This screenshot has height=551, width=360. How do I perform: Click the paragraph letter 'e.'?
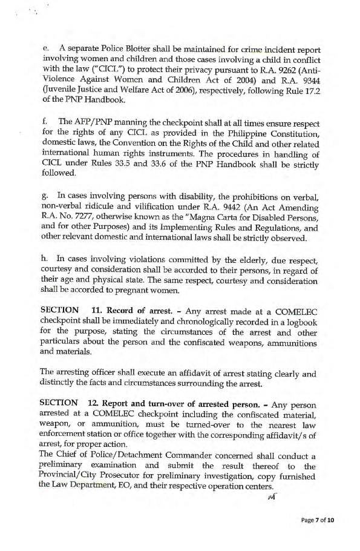point(45,49)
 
